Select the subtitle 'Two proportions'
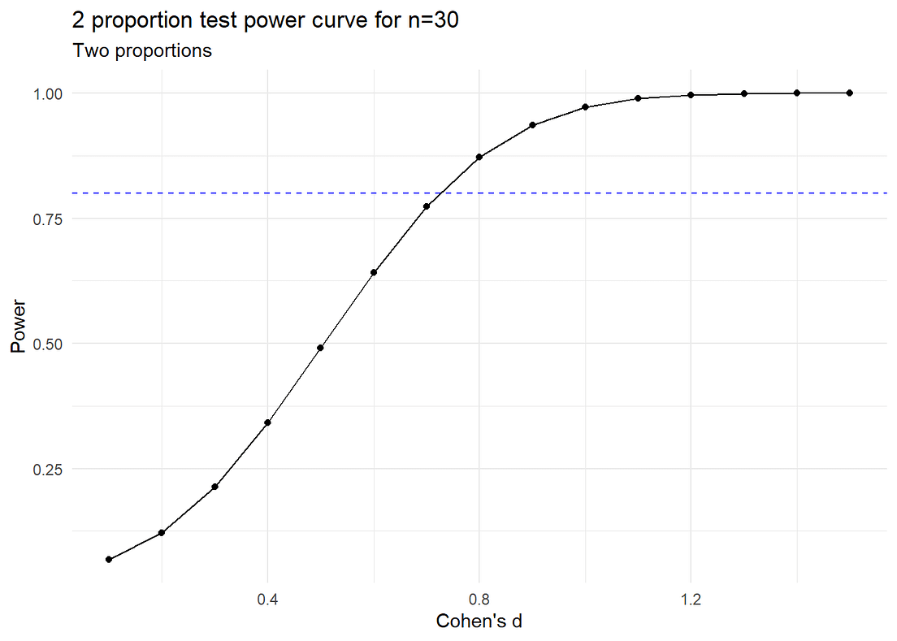pyautogui.click(x=142, y=51)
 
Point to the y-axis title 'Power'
pyautogui.click(x=19, y=326)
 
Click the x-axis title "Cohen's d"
pyautogui.click(x=479, y=621)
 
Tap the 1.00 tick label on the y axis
pyautogui.click(x=47, y=93)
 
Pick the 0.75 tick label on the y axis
pyautogui.click(x=47, y=219)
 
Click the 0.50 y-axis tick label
pyautogui.click(x=47, y=344)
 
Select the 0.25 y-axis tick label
pyautogui.click(x=47, y=470)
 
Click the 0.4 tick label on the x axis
pyautogui.click(x=267, y=600)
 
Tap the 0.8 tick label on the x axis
pyautogui.click(x=479, y=600)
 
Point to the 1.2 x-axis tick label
pyautogui.click(x=691, y=600)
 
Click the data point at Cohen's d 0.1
pyautogui.click(x=109, y=559)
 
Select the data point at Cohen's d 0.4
pyautogui.click(x=267, y=422)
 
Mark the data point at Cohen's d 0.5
pyautogui.click(x=320, y=348)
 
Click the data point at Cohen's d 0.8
pyautogui.click(x=479, y=157)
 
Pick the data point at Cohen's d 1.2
pyautogui.click(x=691, y=95)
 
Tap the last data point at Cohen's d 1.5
pyautogui.click(x=850, y=93)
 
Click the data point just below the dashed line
pyautogui.click(x=427, y=206)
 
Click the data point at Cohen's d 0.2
pyautogui.click(x=162, y=533)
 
